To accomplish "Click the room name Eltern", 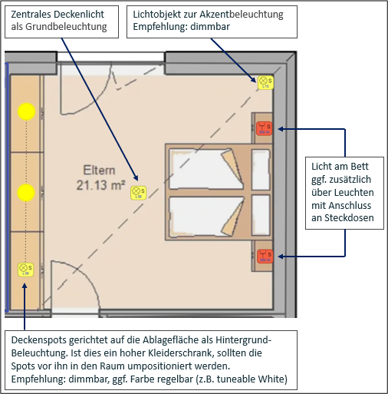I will [99, 171].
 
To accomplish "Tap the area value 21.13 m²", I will [100, 184].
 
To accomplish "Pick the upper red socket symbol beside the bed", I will [265, 128].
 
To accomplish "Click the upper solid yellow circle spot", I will [27, 112].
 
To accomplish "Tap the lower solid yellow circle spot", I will [27, 191].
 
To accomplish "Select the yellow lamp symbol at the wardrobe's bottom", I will [25, 269].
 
